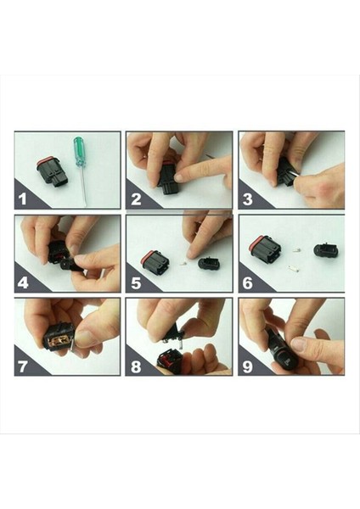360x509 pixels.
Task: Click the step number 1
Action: (x=22, y=199)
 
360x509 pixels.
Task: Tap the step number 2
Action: (x=136, y=199)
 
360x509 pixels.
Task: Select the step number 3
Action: (x=248, y=199)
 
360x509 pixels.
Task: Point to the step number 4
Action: (x=23, y=282)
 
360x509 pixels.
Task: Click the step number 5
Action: (x=136, y=282)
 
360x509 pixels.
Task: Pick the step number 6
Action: (x=248, y=282)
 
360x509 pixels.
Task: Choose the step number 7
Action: (x=23, y=366)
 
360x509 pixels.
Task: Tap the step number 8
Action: (x=136, y=366)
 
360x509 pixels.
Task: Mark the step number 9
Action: (x=248, y=366)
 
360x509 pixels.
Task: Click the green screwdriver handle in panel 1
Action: (x=78, y=151)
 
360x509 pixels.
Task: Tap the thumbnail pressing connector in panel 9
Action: (x=299, y=344)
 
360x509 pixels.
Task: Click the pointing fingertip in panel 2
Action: (x=179, y=177)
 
